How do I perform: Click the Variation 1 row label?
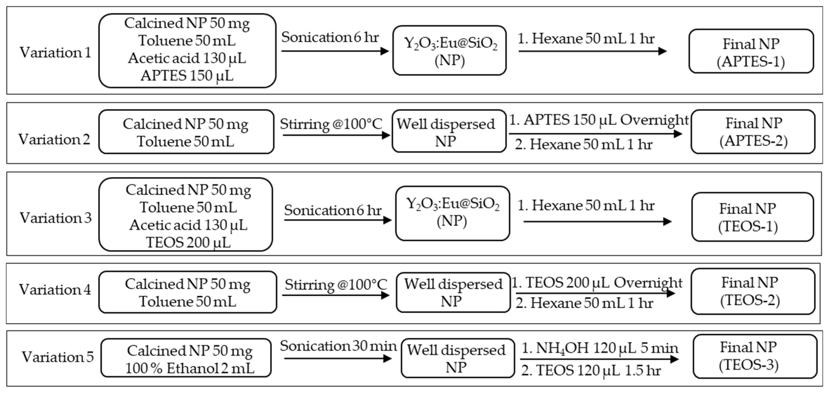pos(55,52)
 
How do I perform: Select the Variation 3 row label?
pos(55,218)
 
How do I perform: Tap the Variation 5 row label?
pos(57,357)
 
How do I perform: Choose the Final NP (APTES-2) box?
pos(753,132)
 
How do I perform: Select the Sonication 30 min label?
pos(338,346)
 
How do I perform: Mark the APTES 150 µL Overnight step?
pos(599,120)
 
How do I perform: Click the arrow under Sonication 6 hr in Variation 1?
pos(335,51)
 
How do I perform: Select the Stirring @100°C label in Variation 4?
pos(336,285)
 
